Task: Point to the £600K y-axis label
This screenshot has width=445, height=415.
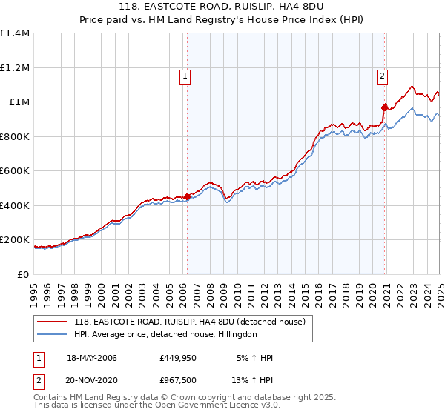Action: (x=15, y=171)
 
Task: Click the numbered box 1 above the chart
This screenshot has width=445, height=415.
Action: (x=184, y=74)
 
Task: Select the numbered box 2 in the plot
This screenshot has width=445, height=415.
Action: (x=382, y=74)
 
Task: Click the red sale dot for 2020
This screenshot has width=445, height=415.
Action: (x=385, y=107)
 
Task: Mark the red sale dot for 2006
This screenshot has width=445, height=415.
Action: (x=188, y=197)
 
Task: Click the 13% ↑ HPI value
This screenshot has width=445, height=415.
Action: (x=253, y=380)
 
